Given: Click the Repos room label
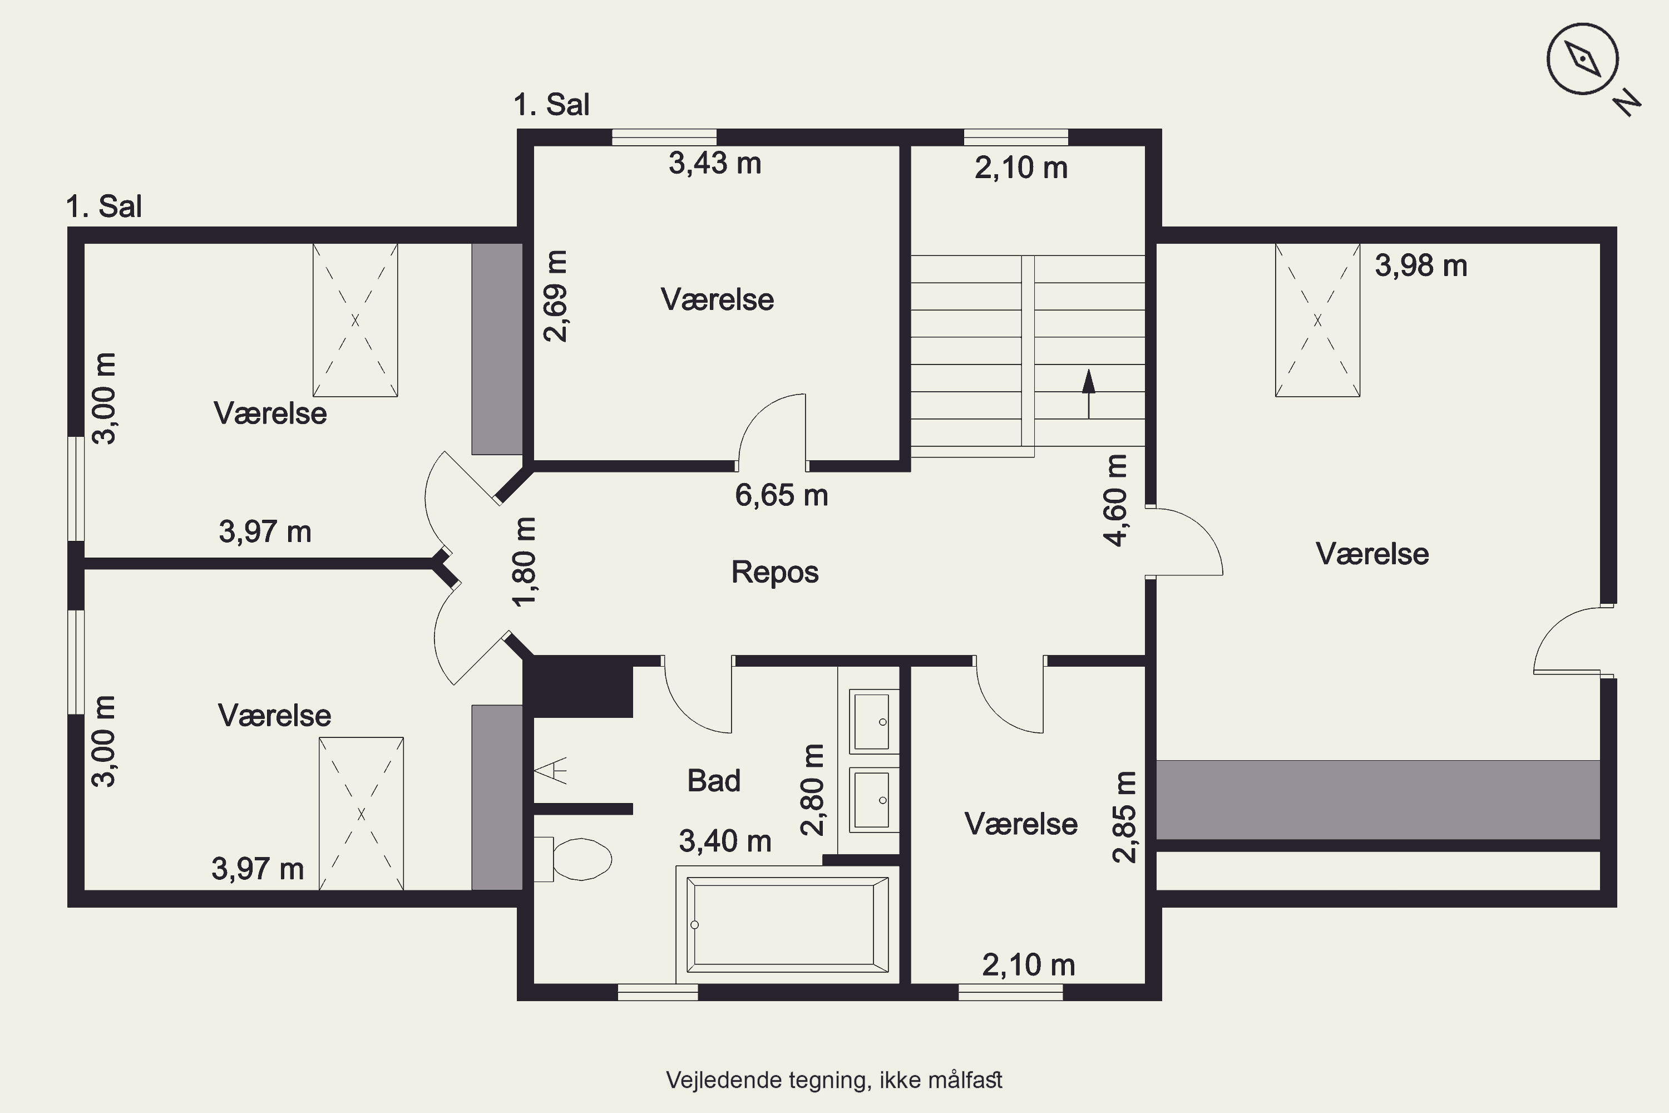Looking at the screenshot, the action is click(775, 572).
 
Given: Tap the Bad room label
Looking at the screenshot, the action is click(714, 781).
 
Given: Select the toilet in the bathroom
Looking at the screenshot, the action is click(572, 859).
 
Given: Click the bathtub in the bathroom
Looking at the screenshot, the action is click(788, 924).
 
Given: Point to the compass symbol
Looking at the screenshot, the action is click(1582, 59).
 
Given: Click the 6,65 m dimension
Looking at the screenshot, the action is click(781, 495).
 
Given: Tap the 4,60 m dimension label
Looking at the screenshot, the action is click(1116, 500).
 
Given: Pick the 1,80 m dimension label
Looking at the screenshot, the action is click(525, 562).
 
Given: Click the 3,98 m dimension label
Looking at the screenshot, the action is click(1421, 266).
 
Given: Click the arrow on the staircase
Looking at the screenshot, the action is click(1089, 394).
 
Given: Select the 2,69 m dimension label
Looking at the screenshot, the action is click(556, 296).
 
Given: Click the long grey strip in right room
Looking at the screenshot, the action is click(1378, 800).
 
